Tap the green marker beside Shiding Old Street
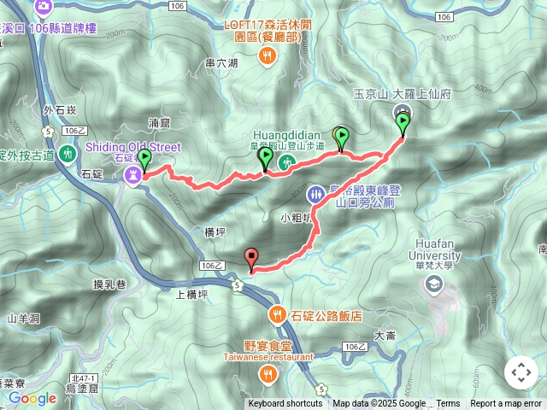tap(144, 159)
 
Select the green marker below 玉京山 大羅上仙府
tap(403, 124)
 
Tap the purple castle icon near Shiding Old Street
tap(133, 174)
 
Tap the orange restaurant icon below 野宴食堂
tap(268, 373)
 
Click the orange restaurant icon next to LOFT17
tap(268, 56)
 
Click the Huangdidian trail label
tap(286, 135)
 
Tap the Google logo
tap(32, 398)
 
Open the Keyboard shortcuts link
tap(285, 404)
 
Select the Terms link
tap(448, 404)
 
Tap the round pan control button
tap(521, 372)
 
